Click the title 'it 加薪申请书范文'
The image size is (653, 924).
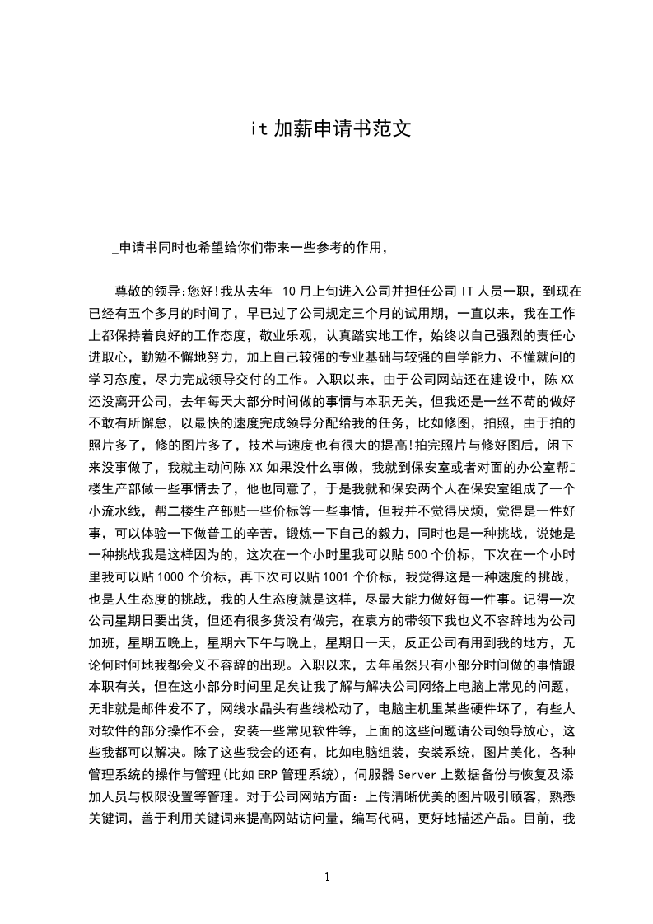point(330,129)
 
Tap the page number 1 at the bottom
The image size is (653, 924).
point(327,877)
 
